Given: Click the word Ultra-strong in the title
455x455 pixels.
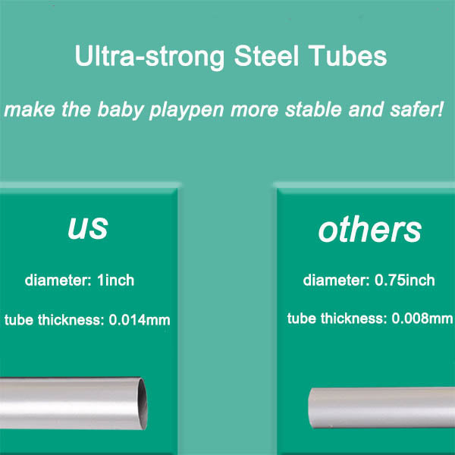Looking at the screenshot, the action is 149,57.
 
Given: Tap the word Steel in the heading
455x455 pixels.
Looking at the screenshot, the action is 266,55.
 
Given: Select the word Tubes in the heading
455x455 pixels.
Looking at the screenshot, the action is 347,55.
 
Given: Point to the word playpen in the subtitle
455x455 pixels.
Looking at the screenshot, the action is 187,110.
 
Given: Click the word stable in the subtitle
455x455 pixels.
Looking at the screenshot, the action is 313,109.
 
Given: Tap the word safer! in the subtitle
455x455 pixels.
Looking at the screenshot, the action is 416,109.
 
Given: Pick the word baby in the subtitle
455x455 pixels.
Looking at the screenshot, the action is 121,110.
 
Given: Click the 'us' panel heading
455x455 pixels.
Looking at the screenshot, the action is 88,227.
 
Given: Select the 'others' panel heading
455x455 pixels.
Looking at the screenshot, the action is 370,229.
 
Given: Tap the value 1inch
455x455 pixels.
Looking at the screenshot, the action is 115,281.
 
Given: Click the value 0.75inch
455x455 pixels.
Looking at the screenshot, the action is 404,281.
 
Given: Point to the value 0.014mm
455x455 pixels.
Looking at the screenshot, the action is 140,320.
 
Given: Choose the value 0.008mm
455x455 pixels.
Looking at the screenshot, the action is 422,318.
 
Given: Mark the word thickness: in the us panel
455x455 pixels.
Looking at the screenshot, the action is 71,320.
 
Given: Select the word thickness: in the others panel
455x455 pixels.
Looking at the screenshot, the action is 353,318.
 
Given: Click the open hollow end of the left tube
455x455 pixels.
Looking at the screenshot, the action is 143,403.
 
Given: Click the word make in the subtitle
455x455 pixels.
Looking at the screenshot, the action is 30,109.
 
